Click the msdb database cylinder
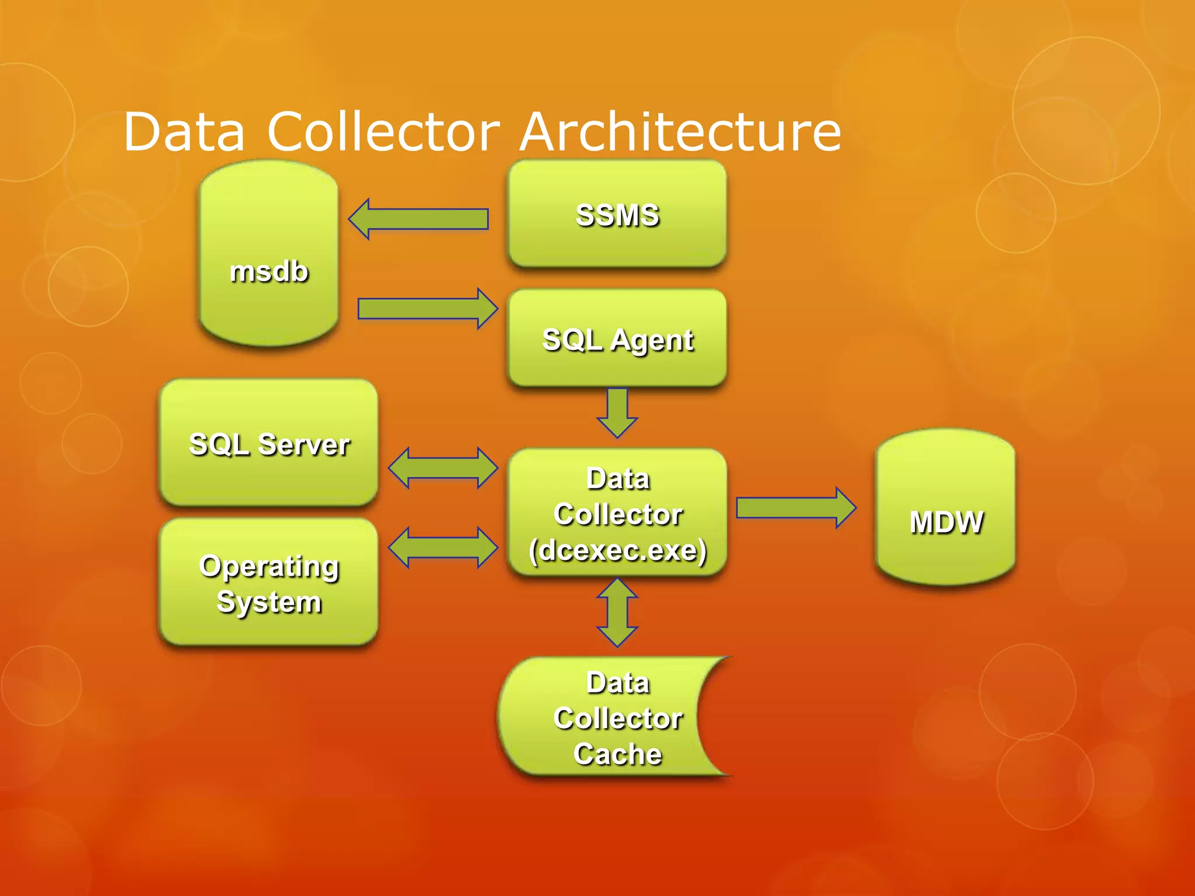(x=268, y=254)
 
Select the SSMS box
(x=617, y=214)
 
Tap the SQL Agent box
(x=617, y=338)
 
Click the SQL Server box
(x=268, y=443)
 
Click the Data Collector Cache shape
(x=607, y=717)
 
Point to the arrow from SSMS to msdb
(x=418, y=219)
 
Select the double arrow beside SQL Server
(x=443, y=468)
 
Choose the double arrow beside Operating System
(x=443, y=547)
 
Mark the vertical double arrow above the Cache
(x=617, y=612)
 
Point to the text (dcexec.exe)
(x=617, y=550)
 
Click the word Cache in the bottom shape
(x=617, y=754)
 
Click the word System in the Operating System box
(x=268, y=602)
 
